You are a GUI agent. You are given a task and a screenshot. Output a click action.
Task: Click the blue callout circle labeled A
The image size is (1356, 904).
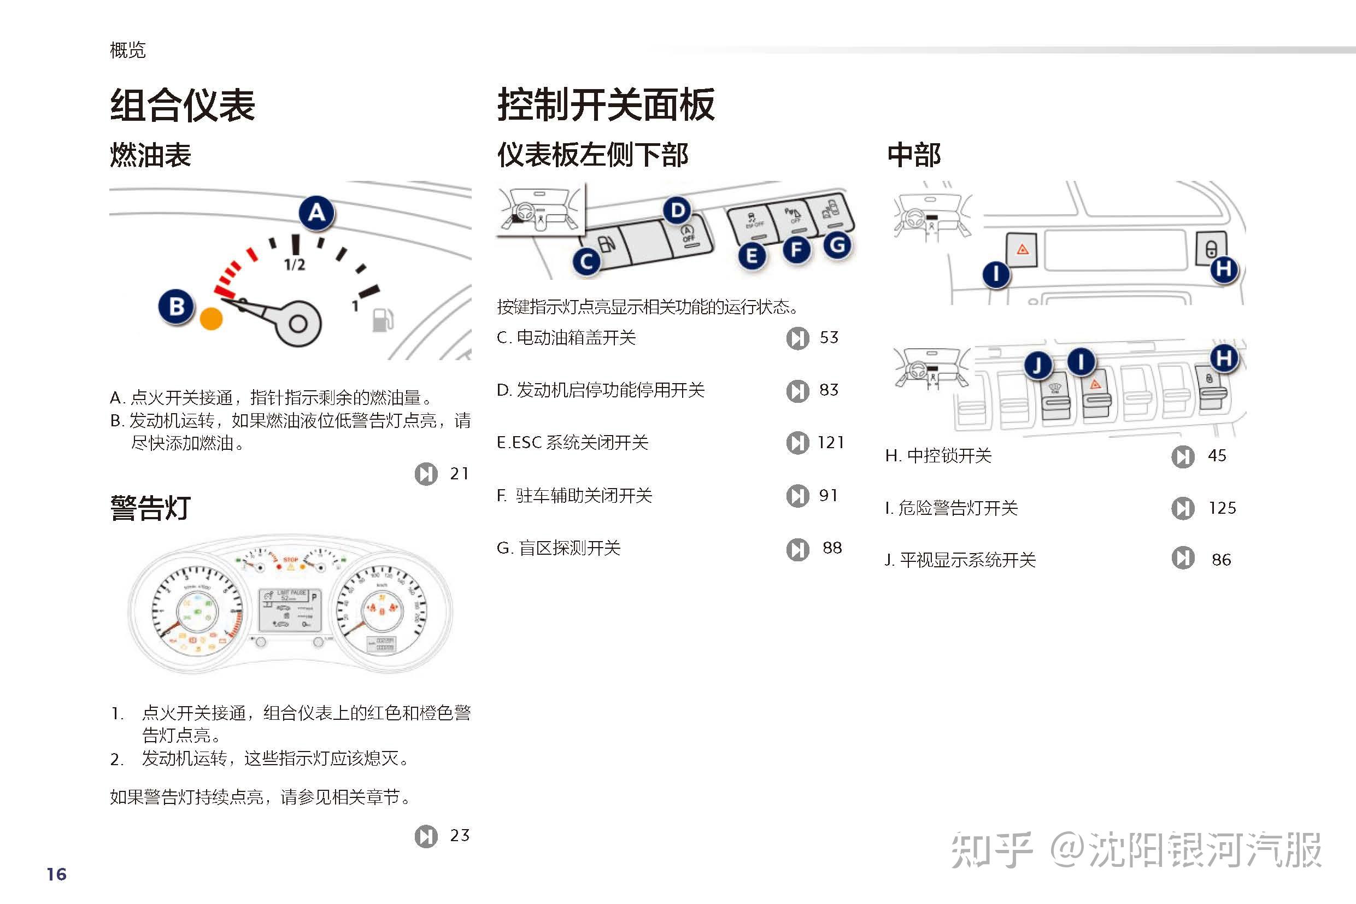(316, 213)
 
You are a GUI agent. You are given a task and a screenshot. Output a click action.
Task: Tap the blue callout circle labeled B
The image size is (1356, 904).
(177, 306)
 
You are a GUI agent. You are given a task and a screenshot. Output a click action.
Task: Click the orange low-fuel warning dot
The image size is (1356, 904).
(211, 318)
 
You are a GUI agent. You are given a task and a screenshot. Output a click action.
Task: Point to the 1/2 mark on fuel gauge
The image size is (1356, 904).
(295, 265)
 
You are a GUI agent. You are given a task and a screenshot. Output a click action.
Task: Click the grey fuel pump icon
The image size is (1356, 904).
(382, 320)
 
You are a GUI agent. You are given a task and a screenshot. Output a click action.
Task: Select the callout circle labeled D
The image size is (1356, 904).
(677, 210)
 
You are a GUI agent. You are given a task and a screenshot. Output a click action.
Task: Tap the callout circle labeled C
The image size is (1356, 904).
(586, 262)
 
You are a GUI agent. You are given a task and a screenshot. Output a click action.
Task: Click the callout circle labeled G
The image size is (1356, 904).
(837, 245)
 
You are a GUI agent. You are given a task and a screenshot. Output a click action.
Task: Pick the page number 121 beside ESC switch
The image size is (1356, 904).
(831, 442)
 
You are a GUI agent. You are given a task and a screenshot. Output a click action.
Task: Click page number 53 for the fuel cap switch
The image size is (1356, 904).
(829, 337)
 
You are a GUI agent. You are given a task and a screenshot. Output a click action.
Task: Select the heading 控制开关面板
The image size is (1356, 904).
(606, 105)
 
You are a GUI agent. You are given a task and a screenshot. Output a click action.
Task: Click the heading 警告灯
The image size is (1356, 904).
(150, 508)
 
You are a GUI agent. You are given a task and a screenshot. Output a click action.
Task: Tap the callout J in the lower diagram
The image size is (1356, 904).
(1038, 365)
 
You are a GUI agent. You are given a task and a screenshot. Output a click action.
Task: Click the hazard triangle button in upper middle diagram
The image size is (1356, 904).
(1022, 249)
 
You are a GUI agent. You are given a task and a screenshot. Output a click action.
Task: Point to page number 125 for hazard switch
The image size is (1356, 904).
(1222, 508)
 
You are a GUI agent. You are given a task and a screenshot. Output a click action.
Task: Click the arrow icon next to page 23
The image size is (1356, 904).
(426, 836)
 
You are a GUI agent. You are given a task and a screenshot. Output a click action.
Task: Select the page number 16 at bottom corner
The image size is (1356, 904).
(56, 874)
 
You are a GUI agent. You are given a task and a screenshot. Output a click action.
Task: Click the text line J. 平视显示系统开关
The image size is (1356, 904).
(960, 560)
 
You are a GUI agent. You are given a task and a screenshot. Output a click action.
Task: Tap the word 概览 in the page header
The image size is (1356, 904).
(127, 50)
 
